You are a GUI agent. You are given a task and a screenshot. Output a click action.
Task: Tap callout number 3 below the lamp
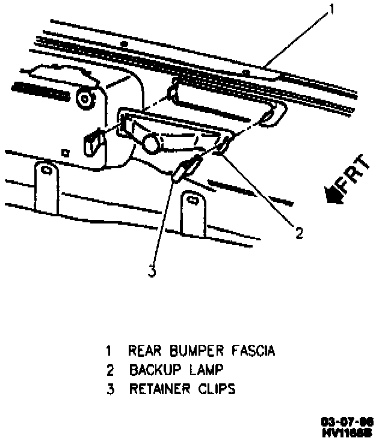point(152,272)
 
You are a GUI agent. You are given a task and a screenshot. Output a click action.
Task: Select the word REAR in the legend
point(144,350)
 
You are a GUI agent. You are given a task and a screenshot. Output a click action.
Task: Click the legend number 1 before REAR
point(109,350)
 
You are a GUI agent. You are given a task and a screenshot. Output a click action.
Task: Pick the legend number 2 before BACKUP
point(109,370)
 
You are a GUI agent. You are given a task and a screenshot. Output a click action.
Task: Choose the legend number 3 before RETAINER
point(109,389)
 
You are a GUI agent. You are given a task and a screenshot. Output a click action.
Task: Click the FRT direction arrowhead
point(331,194)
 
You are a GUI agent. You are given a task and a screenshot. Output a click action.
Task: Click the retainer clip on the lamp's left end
point(93,142)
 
